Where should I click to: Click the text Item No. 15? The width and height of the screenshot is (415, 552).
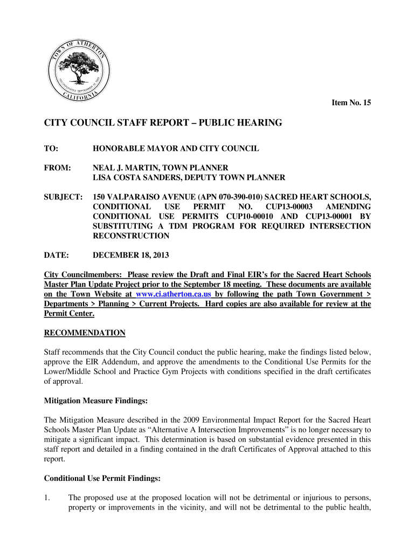coord(351,102)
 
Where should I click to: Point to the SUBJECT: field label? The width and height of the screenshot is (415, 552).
coord(63,197)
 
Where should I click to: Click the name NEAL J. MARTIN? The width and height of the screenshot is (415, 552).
coord(124,168)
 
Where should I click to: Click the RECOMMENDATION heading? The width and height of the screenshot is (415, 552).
coord(85,333)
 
